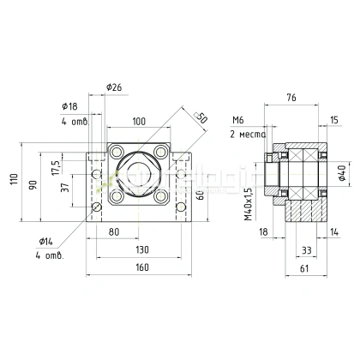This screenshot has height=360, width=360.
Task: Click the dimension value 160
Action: [142, 268]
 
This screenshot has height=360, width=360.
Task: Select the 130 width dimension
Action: [142, 249]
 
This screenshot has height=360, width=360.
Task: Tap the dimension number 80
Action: [115, 231]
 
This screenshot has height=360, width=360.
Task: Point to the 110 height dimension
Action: [15, 181]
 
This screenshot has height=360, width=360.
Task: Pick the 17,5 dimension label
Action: [56, 165]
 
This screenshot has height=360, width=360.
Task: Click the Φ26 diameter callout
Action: [115, 88]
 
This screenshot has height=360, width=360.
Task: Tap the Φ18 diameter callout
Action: [71, 105]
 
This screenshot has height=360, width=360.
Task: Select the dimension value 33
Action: [306, 249]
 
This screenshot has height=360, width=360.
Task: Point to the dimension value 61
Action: [304, 268]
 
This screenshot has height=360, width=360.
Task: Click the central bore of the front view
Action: [142, 174]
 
